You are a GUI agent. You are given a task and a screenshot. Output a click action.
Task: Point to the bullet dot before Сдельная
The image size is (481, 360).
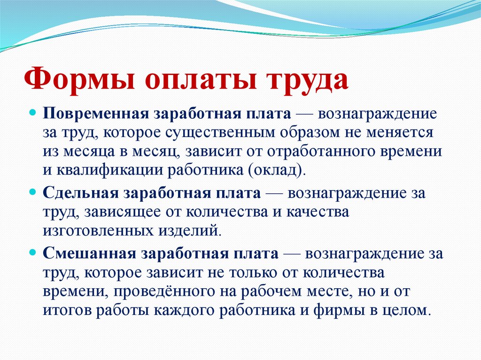point(33,193)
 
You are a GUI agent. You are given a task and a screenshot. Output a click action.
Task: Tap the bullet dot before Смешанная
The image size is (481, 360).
point(33,253)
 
